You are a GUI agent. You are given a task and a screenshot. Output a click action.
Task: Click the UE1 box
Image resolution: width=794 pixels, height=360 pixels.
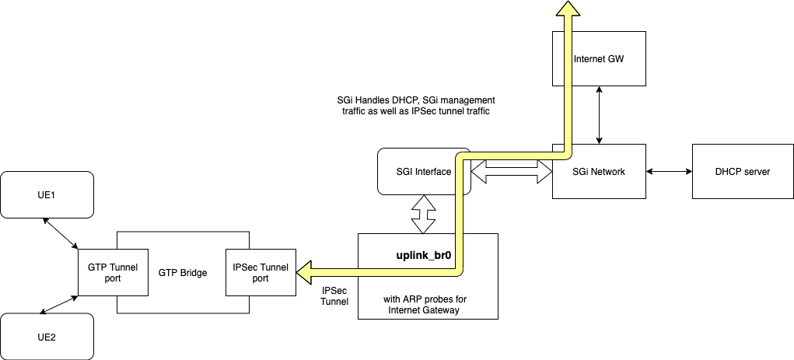pos(47,194)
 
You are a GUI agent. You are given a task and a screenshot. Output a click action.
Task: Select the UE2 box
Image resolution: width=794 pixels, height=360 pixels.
pos(47,337)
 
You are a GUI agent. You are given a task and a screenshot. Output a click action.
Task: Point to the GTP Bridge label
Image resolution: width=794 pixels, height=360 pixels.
pos(183,273)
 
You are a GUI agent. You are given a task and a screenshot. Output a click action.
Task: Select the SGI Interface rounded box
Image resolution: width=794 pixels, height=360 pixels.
pos(414,171)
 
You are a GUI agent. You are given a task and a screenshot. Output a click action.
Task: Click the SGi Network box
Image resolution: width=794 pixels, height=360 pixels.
pos(599,172)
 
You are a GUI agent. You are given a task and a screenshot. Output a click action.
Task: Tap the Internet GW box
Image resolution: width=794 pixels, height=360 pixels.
pos(599,58)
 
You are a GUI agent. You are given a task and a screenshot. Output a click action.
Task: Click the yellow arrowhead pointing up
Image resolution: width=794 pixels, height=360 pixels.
pos(568,8)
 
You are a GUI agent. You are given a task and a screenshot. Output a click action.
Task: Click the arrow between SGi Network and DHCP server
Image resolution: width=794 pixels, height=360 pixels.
pos(669,172)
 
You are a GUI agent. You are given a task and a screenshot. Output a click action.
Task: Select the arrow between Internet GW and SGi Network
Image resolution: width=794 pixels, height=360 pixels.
pos(599,114)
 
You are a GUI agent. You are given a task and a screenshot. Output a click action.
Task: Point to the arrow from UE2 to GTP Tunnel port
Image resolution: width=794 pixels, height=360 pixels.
pos(59,305)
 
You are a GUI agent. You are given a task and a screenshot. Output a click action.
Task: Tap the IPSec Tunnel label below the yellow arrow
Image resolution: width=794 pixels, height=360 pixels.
pos(335,295)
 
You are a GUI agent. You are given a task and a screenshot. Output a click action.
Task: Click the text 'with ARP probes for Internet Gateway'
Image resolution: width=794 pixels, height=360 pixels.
pos(427,306)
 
